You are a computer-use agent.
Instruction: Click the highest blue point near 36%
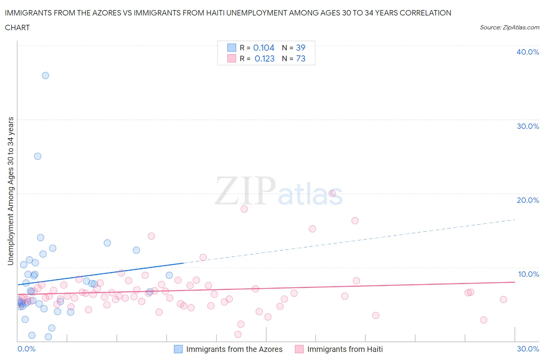click(45, 75)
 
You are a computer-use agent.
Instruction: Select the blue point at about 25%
click(38, 156)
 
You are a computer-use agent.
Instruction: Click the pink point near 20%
click(332, 194)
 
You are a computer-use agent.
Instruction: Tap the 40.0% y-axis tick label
click(527, 52)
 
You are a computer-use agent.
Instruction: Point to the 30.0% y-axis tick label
click(527, 126)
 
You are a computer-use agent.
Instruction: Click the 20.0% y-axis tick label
click(527, 200)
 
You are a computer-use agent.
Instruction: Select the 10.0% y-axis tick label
click(528, 274)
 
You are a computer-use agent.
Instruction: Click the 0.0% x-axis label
click(26, 349)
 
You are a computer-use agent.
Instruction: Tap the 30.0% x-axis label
click(528, 349)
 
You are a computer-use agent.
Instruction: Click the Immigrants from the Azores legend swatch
click(178, 349)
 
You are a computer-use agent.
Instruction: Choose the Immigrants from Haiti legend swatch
click(299, 349)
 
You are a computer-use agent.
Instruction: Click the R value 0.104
click(263, 48)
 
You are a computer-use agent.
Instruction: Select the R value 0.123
click(264, 58)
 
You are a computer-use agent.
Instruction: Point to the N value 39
click(301, 48)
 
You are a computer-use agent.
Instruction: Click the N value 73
click(301, 58)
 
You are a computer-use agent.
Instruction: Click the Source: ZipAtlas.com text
click(509, 27)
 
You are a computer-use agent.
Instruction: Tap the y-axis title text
click(10, 191)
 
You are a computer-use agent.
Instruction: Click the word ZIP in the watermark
click(245, 190)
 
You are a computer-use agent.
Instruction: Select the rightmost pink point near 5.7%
click(503, 299)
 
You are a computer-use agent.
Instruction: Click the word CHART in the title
click(17, 27)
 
